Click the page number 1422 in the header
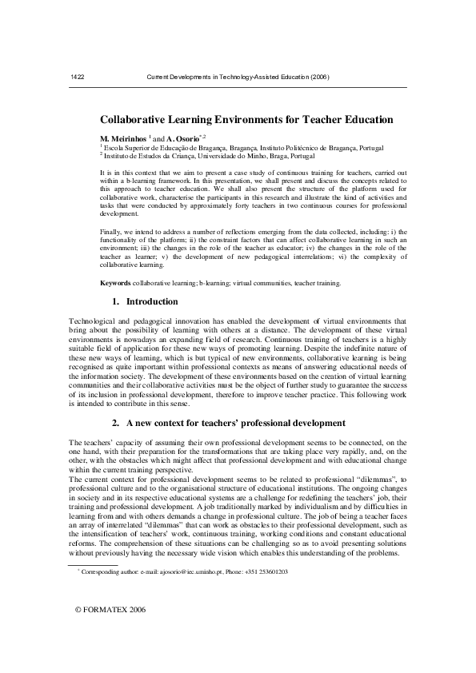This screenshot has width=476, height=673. point(78,77)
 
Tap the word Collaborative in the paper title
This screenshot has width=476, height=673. point(134,120)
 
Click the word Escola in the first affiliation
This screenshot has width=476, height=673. point(113,148)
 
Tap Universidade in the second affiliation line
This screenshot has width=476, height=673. point(220,157)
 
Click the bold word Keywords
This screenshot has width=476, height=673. point(115,283)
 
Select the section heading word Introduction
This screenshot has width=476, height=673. point(153,302)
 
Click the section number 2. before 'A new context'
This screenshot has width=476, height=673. point(115,422)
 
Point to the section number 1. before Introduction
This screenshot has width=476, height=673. point(115,302)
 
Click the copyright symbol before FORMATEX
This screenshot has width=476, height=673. point(78,631)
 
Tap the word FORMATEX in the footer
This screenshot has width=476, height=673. point(106,631)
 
